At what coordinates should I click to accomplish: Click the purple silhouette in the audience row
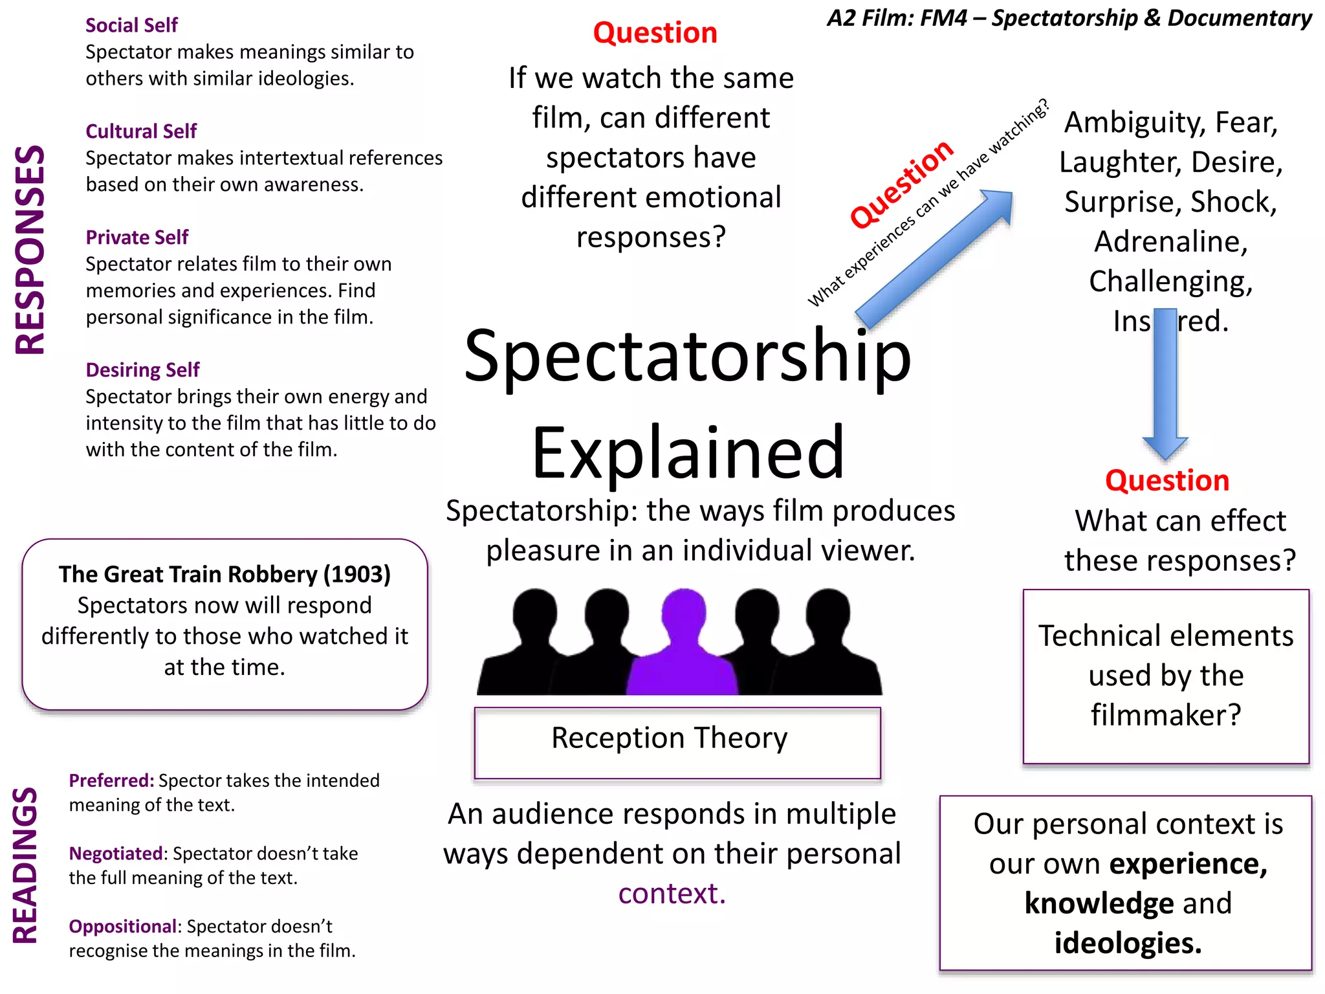[683, 647]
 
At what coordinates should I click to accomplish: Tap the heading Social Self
[131, 25]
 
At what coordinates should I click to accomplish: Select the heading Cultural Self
[141, 131]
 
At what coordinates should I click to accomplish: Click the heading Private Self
[137, 237]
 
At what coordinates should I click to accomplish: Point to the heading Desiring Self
[142, 370]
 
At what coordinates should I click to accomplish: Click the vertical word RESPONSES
[30, 250]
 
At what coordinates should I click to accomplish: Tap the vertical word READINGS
[26, 865]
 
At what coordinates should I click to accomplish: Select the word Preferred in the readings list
[111, 780]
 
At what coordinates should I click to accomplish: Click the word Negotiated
[116, 854]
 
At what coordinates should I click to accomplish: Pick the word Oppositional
[123, 926]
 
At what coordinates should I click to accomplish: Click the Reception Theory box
[677, 742]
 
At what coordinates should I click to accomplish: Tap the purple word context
[672, 894]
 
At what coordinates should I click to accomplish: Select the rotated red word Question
[901, 184]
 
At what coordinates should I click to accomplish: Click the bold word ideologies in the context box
[1128, 943]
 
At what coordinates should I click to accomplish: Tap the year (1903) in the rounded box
[356, 574]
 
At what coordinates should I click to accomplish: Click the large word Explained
[688, 452]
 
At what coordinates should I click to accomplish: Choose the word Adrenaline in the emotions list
[1170, 241]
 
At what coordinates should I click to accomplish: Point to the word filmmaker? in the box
[1166, 715]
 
